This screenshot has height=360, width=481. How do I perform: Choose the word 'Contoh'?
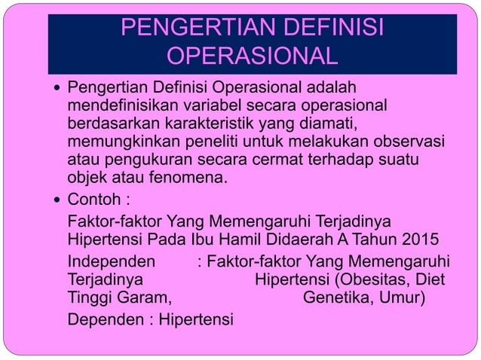[92, 201]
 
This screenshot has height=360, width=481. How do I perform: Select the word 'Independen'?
[112, 262]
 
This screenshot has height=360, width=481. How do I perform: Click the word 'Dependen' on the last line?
[106, 320]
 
